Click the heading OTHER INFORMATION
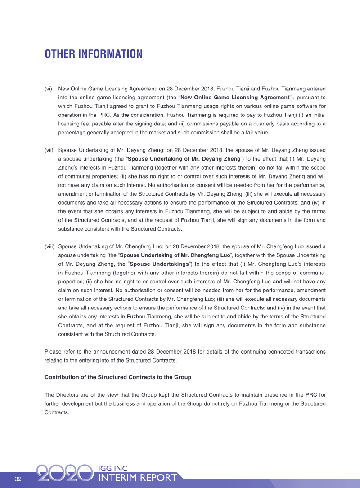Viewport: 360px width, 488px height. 94,54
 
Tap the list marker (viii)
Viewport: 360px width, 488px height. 50,246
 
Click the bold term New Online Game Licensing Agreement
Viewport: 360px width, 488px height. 234,97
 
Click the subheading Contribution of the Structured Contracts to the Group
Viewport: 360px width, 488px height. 118,377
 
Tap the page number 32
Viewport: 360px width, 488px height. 18,479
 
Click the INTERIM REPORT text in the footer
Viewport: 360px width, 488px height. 137,478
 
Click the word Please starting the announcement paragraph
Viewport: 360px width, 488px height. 53,351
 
